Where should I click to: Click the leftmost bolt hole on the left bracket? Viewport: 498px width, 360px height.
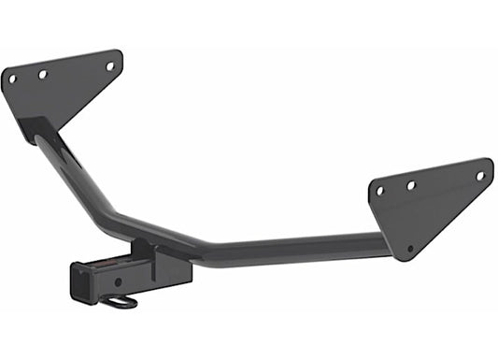(x=12, y=79)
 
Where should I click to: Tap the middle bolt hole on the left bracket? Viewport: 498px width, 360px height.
(x=42, y=73)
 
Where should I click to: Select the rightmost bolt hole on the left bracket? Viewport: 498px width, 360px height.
(x=109, y=65)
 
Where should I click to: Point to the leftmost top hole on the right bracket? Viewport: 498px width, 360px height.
(x=379, y=191)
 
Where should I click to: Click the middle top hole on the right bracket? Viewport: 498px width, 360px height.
(x=410, y=185)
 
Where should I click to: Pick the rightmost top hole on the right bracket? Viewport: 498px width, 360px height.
(x=480, y=175)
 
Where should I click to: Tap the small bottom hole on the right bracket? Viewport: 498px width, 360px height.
(x=409, y=248)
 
